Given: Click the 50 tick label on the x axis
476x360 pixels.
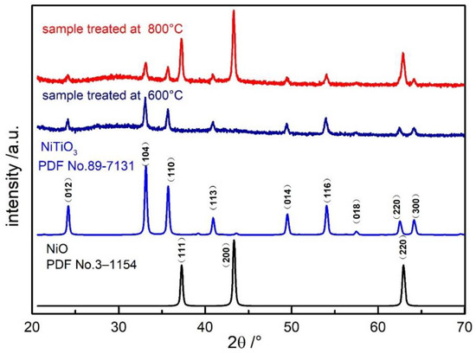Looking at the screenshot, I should pos(292,327).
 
